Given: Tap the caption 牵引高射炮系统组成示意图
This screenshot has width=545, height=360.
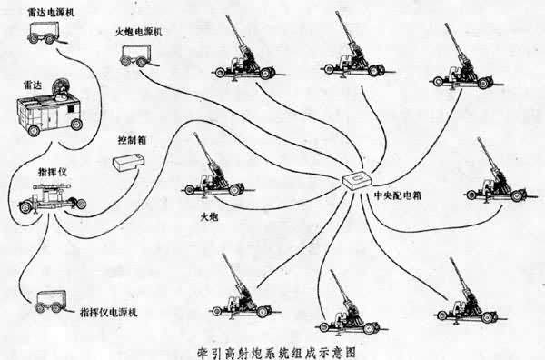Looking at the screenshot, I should pos(272,348).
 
